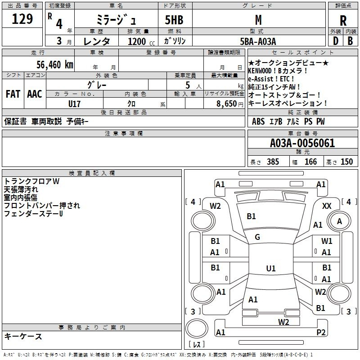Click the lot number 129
pyautogui.click(x=22, y=18)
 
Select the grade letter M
pyautogui.click(x=258, y=20)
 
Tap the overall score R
pyautogui.click(x=343, y=21)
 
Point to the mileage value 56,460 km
pyautogui.click(x=55, y=64)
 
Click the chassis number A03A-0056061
pyautogui.click(x=302, y=143)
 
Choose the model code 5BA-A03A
pyautogui.click(x=258, y=41)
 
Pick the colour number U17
pyautogui.click(x=74, y=104)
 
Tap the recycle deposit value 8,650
pyautogui.click(x=226, y=104)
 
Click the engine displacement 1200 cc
pyautogui.click(x=141, y=41)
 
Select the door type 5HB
pyautogui.click(x=174, y=20)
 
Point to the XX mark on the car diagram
pyautogui.click(x=327, y=206)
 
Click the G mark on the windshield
pyautogui.click(x=257, y=237)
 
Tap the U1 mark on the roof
pyautogui.click(x=271, y=268)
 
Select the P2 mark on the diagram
pyautogui.click(x=321, y=332)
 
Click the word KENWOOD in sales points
pyautogui.click(x=260, y=71)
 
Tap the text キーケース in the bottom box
pyautogui.click(x=23, y=337)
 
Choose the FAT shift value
pyautogui.click(x=13, y=94)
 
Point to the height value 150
pyautogui.click(x=346, y=162)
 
